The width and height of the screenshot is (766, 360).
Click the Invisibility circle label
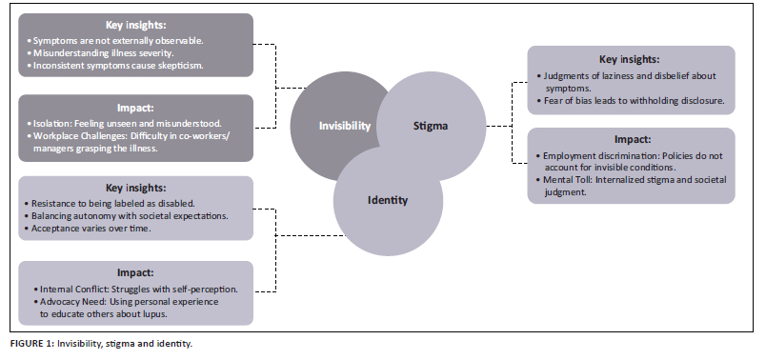pos(345,126)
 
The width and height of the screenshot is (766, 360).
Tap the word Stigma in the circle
pos(431,126)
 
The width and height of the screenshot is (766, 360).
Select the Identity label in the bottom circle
pos(388,200)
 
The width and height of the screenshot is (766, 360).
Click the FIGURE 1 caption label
pos(31,344)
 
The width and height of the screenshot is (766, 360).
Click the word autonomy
pos(82,216)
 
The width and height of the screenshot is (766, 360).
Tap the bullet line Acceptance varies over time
pos(91,229)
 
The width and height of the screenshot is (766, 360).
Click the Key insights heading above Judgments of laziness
pos(629,60)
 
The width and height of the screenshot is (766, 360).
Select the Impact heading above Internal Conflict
pos(135,273)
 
